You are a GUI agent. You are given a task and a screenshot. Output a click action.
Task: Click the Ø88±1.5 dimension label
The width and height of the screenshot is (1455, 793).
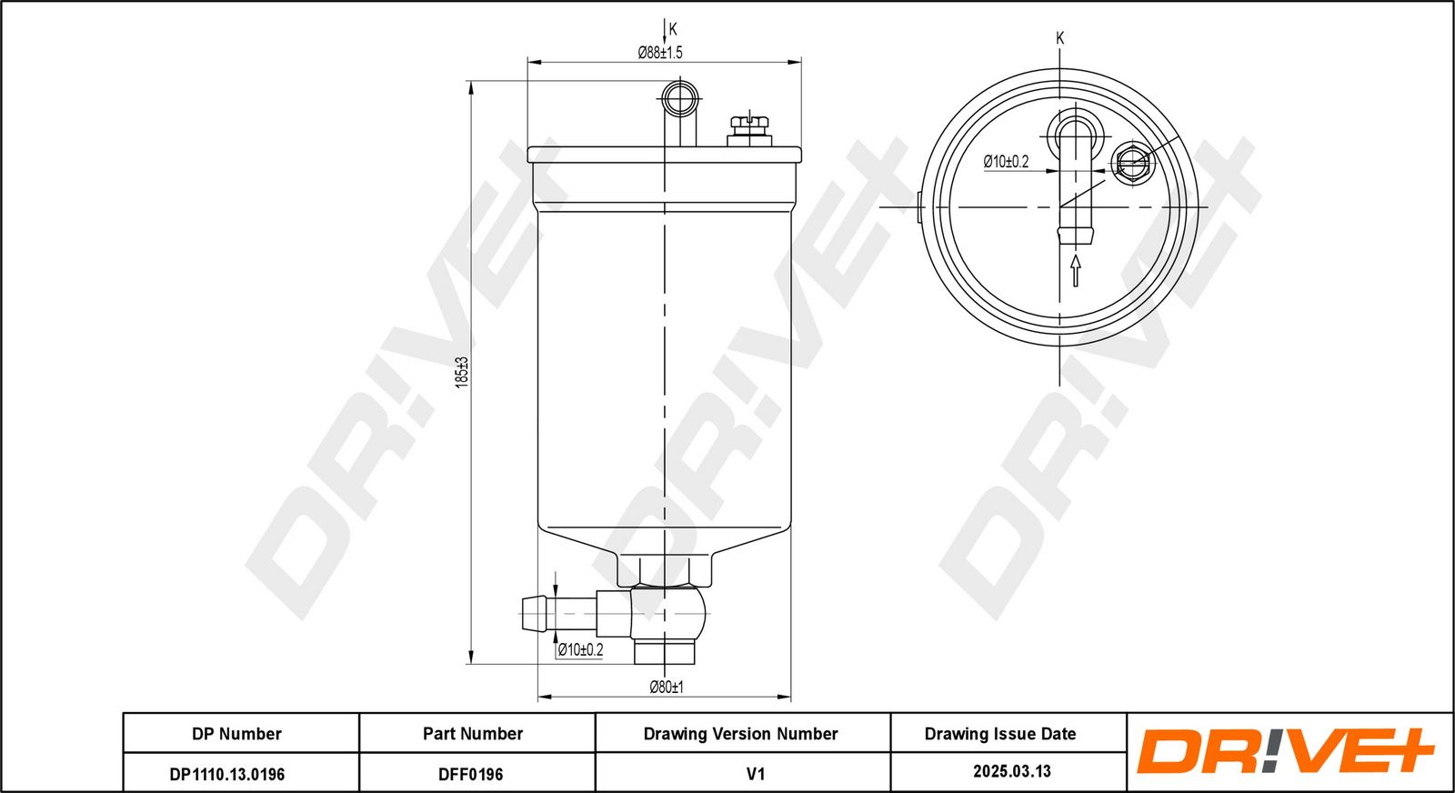660,53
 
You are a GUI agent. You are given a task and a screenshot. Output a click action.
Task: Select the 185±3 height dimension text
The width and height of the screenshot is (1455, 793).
461,372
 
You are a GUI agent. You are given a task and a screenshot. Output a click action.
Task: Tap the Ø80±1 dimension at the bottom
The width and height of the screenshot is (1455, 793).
667,687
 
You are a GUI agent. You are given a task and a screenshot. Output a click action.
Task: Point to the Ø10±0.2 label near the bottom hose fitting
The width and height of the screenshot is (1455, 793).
581,649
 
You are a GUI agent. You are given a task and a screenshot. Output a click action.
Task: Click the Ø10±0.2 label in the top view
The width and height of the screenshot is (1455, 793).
1006,162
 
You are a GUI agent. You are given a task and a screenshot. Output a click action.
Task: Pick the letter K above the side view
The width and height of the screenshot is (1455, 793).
673,28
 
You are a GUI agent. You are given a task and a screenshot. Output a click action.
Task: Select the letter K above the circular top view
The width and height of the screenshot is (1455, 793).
1060,38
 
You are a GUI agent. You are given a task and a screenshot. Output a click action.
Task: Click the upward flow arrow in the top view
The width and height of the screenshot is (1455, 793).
1076,270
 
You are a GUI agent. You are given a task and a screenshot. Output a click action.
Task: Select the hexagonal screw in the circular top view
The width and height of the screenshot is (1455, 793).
1132,163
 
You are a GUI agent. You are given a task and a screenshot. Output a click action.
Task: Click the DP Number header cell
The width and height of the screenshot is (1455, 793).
237,734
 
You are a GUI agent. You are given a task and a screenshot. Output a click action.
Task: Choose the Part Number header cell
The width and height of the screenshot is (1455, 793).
473,734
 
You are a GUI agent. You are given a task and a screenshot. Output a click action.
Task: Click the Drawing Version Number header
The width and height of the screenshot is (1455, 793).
740,734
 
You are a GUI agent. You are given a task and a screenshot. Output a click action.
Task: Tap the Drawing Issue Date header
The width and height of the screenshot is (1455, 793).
1000,734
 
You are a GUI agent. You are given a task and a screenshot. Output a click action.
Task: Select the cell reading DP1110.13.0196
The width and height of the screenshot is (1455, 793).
227,774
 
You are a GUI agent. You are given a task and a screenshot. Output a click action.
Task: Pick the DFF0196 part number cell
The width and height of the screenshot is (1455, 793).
471,774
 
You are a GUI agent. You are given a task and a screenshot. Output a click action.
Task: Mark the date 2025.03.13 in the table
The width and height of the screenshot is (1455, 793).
1012,771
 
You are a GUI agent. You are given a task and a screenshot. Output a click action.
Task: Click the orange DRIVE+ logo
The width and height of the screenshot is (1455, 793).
1285,751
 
